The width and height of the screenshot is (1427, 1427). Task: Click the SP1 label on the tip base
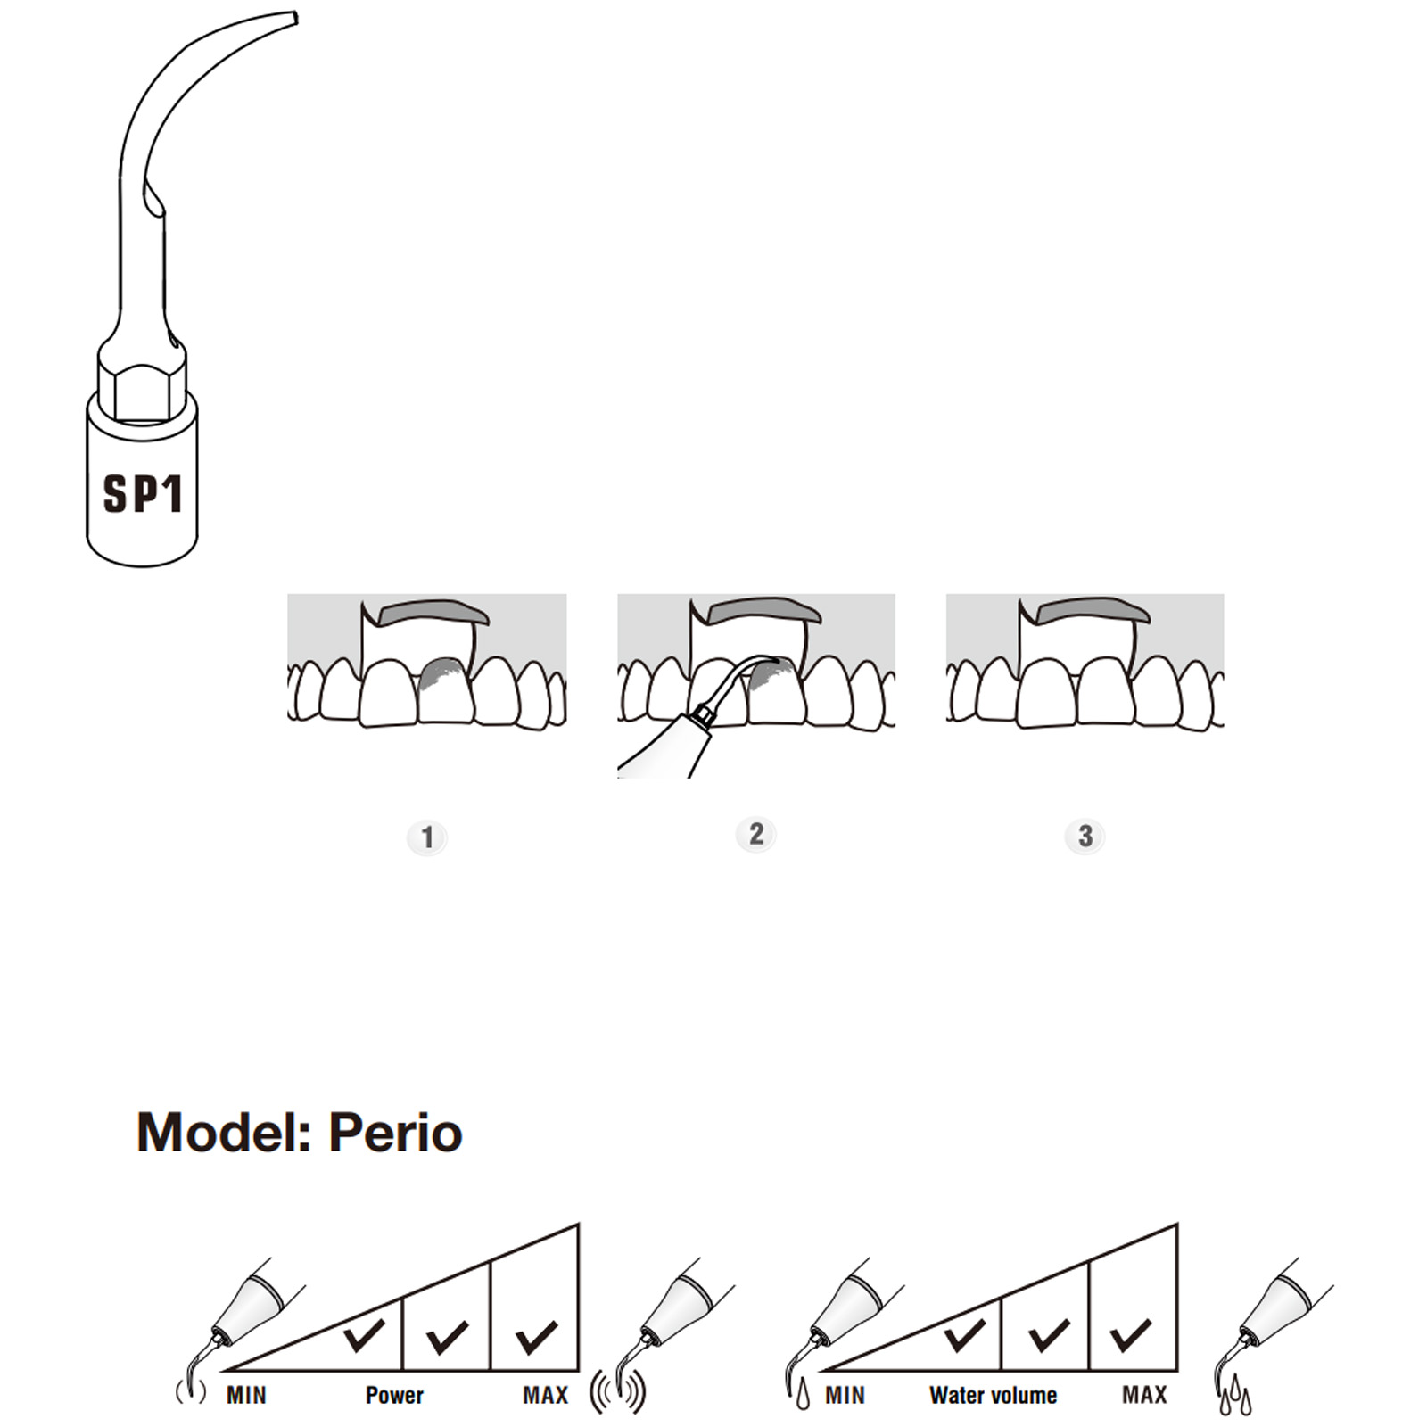(x=143, y=493)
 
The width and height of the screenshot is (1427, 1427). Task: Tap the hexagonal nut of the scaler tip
(x=143, y=382)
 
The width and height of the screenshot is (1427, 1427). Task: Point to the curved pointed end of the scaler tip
(x=284, y=21)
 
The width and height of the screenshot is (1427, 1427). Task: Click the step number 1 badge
(x=427, y=837)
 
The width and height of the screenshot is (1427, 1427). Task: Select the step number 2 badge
(x=755, y=834)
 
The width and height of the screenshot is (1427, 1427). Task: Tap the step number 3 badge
(x=1085, y=836)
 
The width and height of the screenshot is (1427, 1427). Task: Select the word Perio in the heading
(x=395, y=1133)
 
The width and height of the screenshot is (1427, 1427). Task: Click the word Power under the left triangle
(x=394, y=1395)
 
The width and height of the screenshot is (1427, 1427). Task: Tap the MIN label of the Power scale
(x=246, y=1395)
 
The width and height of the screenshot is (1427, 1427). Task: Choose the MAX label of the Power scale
(x=545, y=1395)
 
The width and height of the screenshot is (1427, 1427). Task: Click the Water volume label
(x=993, y=1395)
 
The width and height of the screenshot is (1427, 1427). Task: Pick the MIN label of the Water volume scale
(x=845, y=1395)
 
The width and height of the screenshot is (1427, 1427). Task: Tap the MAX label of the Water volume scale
(x=1144, y=1395)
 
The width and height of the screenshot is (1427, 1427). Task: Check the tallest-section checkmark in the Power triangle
(x=536, y=1336)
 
